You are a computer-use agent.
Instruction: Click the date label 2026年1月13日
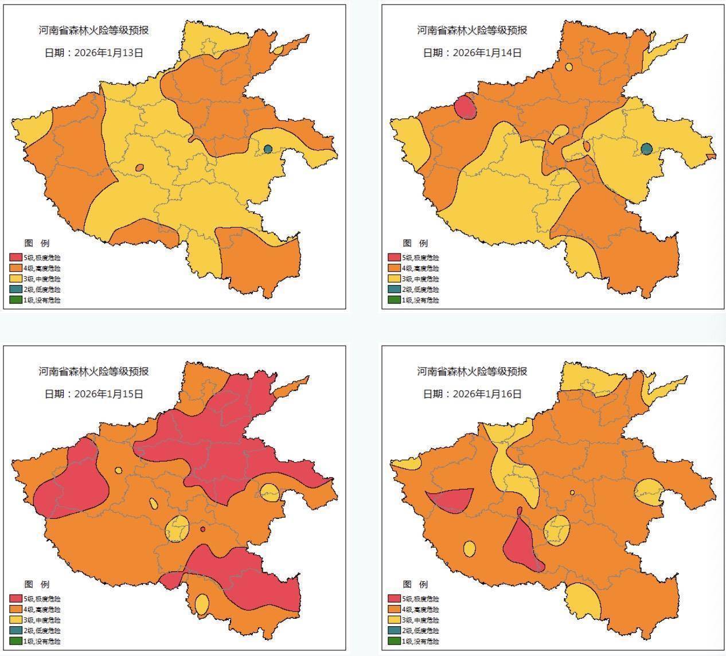click(x=94, y=53)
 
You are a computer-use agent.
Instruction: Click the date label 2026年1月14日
click(x=473, y=53)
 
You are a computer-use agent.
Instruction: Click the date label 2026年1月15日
click(x=94, y=394)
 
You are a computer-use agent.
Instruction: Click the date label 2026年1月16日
click(x=473, y=394)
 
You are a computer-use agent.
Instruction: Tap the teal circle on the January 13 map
click(x=268, y=149)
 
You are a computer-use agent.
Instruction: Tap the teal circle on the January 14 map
click(x=647, y=149)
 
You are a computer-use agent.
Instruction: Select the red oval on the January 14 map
click(x=466, y=107)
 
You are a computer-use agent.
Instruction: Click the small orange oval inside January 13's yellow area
click(x=139, y=167)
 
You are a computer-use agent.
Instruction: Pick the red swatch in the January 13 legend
click(x=16, y=257)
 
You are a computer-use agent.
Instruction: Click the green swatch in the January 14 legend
click(x=394, y=300)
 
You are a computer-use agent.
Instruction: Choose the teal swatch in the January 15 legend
click(x=16, y=630)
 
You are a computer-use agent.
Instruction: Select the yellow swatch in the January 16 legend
click(x=394, y=620)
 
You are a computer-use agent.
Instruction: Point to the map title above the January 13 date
click(x=94, y=30)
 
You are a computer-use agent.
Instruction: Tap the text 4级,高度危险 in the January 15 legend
click(x=42, y=610)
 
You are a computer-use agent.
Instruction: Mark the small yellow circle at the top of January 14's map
click(x=569, y=67)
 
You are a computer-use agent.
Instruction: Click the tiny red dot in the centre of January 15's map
click(x=202, y=529)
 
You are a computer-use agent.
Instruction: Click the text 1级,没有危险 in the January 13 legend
click(x=42, y=300)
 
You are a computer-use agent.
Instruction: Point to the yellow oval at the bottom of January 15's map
click(x=202, y=604)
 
